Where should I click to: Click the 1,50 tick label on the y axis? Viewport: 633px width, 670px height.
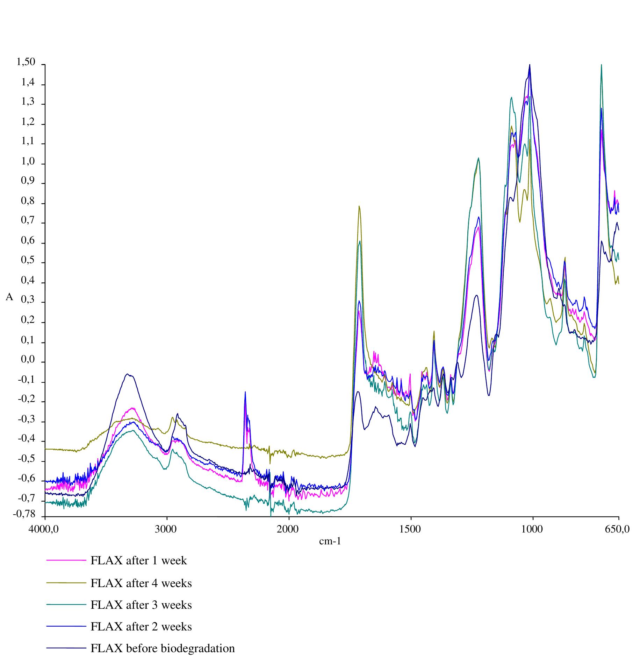[x=26, y=63]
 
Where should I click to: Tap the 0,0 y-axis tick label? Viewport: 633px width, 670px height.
[x=28, y=360]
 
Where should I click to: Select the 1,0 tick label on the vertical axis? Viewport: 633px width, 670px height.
[x=28, y=162]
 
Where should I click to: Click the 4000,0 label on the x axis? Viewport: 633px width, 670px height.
[x=45, y=529]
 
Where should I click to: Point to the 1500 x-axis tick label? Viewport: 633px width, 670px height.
[x=411, y=529]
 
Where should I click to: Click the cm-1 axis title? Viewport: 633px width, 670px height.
[x=330, y=542]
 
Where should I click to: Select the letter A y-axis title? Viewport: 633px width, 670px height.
[x=9, y=297]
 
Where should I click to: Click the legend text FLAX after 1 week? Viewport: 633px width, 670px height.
[x=139, y=560]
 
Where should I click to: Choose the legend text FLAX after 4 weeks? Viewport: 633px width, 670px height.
[x=141, y=583]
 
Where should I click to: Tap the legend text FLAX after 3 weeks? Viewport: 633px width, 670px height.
[x=141, y=605]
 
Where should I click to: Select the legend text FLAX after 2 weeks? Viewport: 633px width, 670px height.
[x=141, y=626]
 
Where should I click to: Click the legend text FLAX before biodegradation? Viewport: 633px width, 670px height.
[x=163, y=648]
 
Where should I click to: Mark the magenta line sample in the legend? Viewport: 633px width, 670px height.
[x=66, y=560]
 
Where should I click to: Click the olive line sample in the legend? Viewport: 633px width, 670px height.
[x=66, y=583]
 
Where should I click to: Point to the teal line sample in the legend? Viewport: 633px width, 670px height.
[x=66, y=605]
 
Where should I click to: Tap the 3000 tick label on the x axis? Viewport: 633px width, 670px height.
[x=167, y=529]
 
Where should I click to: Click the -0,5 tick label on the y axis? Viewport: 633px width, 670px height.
[x=27, y=459]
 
